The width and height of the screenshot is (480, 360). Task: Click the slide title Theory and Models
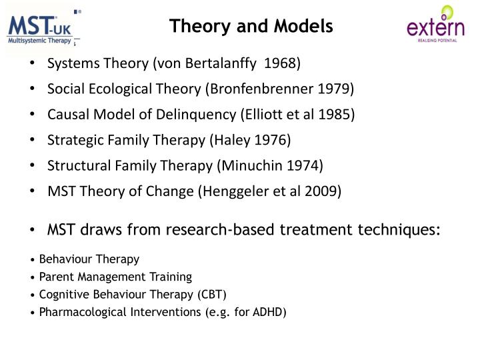(x=251, y=26)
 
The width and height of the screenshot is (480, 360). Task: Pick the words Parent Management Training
(x=115, y=277)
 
